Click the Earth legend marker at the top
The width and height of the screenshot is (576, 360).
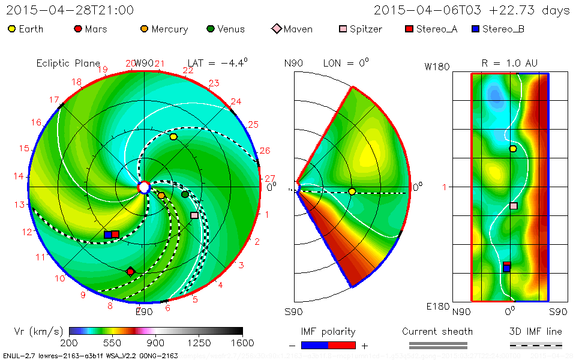12,29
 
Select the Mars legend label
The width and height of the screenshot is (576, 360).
96,29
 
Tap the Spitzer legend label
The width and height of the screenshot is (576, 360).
366,29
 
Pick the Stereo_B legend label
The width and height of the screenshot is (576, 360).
503,29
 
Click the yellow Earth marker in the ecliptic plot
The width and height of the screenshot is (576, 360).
173,137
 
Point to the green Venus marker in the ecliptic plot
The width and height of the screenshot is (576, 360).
185,194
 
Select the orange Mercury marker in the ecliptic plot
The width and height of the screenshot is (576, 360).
161,195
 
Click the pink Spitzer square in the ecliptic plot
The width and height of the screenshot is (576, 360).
194,215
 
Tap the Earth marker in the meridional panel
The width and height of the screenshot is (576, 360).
352,191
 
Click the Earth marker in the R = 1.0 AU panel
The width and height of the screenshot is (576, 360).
512,149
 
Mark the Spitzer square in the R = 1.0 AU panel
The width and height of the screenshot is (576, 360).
514,206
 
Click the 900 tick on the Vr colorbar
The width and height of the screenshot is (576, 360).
156,343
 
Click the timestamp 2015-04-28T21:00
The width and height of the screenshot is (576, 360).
70,10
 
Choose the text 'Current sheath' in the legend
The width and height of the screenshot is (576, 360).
437,331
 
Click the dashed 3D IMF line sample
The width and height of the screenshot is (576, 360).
536,345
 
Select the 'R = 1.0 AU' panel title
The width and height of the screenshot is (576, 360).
509,63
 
